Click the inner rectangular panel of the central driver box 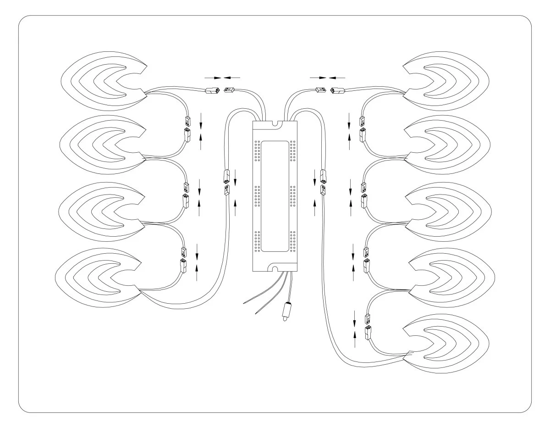[275, 196]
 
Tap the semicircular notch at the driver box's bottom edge [275, 268]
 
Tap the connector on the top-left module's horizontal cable [212, 91]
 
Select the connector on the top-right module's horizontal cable [337, 90]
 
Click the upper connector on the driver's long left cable [226, 175]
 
